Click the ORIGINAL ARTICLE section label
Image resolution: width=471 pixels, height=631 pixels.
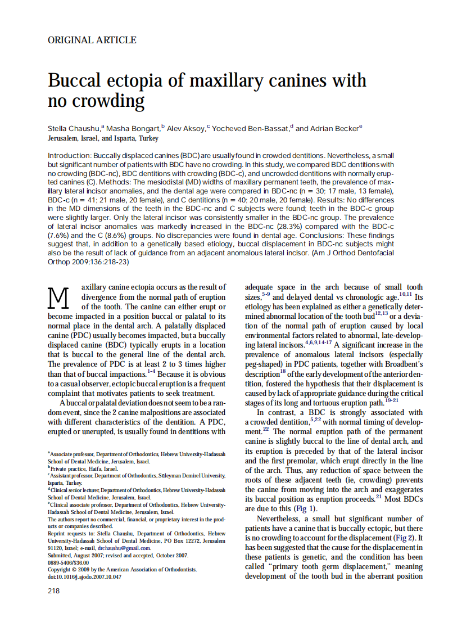pyautogui.click(x=92, y=40)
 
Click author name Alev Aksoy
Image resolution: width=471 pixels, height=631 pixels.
pyautogui.click(x=186, y=129)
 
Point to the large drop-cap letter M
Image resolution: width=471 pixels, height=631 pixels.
pyautogui.click(x=59, y=298)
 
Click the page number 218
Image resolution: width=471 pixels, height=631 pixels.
pyautogui.click(x=54, y=591)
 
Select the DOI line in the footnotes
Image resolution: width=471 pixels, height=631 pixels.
pyautogui.click(x=84, y=576)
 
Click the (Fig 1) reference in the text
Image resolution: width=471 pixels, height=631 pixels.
pyautogui.click(x=305, y=509)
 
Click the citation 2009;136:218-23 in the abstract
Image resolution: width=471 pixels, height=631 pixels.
pyautogui.click(x=88, y=263)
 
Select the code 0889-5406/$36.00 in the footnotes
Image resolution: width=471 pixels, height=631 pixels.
pyautogui.click(x=69, y=562)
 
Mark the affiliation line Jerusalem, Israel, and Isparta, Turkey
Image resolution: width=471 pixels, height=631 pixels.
pyautogui.click(x=103, y=138)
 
